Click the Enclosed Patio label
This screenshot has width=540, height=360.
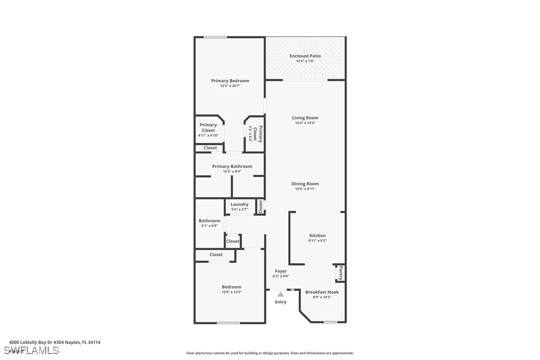[x=305, y=56]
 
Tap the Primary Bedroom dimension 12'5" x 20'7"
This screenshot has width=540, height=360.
[x=230, y=86]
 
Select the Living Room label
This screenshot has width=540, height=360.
[x=305, y=118]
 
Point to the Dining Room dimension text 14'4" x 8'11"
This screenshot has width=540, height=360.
[x=305, y=189]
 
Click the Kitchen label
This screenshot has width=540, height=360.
[x=317, y=236]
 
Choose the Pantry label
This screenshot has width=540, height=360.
[x=341, y=272]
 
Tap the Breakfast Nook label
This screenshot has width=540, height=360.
[x=322, y=292]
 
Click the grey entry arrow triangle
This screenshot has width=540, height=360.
[x=280, y=294]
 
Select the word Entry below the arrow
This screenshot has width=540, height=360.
[x=280, y=302]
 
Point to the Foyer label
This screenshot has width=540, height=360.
[x=280, y=271]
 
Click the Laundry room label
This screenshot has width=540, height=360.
[x=239, y=204]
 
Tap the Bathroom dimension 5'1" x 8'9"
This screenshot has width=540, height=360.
[x=209, y=226]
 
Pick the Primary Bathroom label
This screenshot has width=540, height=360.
[x=232, y=167]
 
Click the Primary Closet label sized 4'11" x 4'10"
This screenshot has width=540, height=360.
[x=208, y=128]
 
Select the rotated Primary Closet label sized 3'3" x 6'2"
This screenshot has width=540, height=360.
[x=258, y=134]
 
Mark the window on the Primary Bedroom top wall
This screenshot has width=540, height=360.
[x=215, y=37]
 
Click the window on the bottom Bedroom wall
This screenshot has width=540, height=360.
[x=228, y=323]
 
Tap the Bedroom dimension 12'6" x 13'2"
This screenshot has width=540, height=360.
[x=231, y=292]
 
